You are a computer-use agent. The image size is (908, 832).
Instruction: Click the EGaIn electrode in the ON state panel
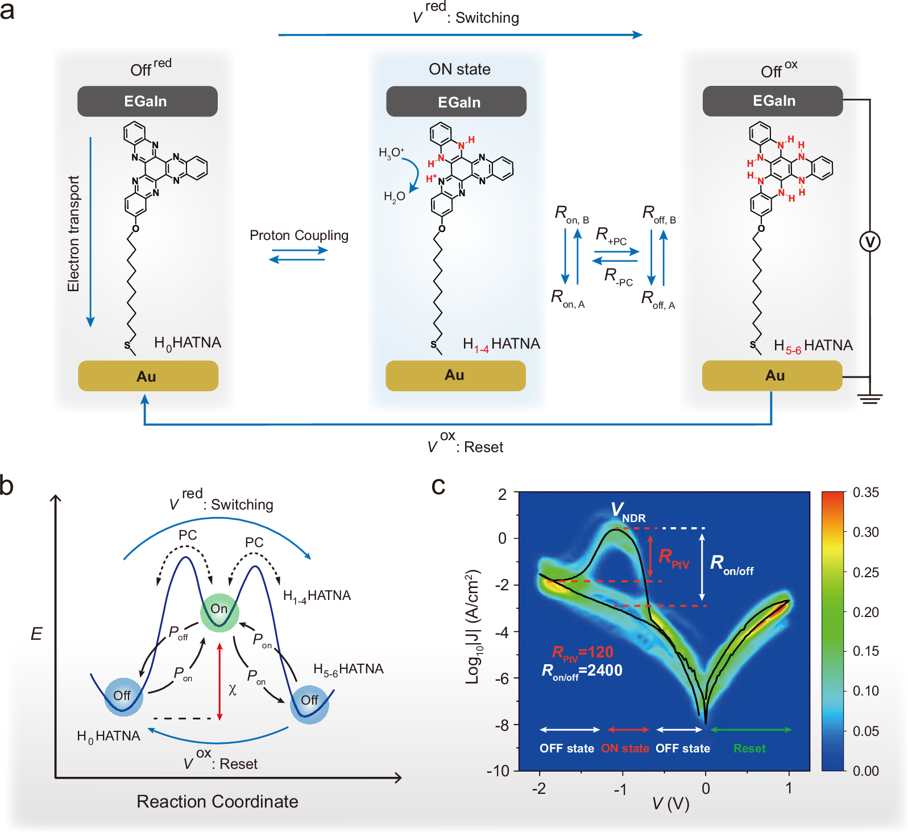tap(456, 102)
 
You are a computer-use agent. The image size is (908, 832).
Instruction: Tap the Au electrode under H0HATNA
tap(148, 376)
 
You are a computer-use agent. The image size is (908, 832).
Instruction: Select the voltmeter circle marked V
tap(869, 242)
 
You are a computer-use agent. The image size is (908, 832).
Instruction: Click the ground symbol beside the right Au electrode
tap(870, 398)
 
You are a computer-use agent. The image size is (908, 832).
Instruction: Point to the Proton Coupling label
tap(299, 235)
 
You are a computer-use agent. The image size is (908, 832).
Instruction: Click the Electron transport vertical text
tap(74, 233)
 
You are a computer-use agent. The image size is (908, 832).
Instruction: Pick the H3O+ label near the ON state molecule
tap(391, 152)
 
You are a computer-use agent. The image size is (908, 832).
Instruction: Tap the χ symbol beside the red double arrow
tap(233, 689)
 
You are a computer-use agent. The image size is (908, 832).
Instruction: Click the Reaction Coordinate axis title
tap(217, 801)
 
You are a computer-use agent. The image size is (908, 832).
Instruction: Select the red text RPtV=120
tap(582, 652)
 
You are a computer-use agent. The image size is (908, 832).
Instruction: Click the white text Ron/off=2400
tap(582, 671)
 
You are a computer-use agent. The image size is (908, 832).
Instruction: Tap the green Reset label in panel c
tap(749, 748)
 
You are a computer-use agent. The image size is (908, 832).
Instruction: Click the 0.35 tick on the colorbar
tap(865, 492)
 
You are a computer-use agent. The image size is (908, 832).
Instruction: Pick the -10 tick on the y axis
tap(497, 771)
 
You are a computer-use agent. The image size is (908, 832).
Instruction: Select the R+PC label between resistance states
tap(611, 235)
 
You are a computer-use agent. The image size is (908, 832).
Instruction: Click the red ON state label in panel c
tap(625, 748)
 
